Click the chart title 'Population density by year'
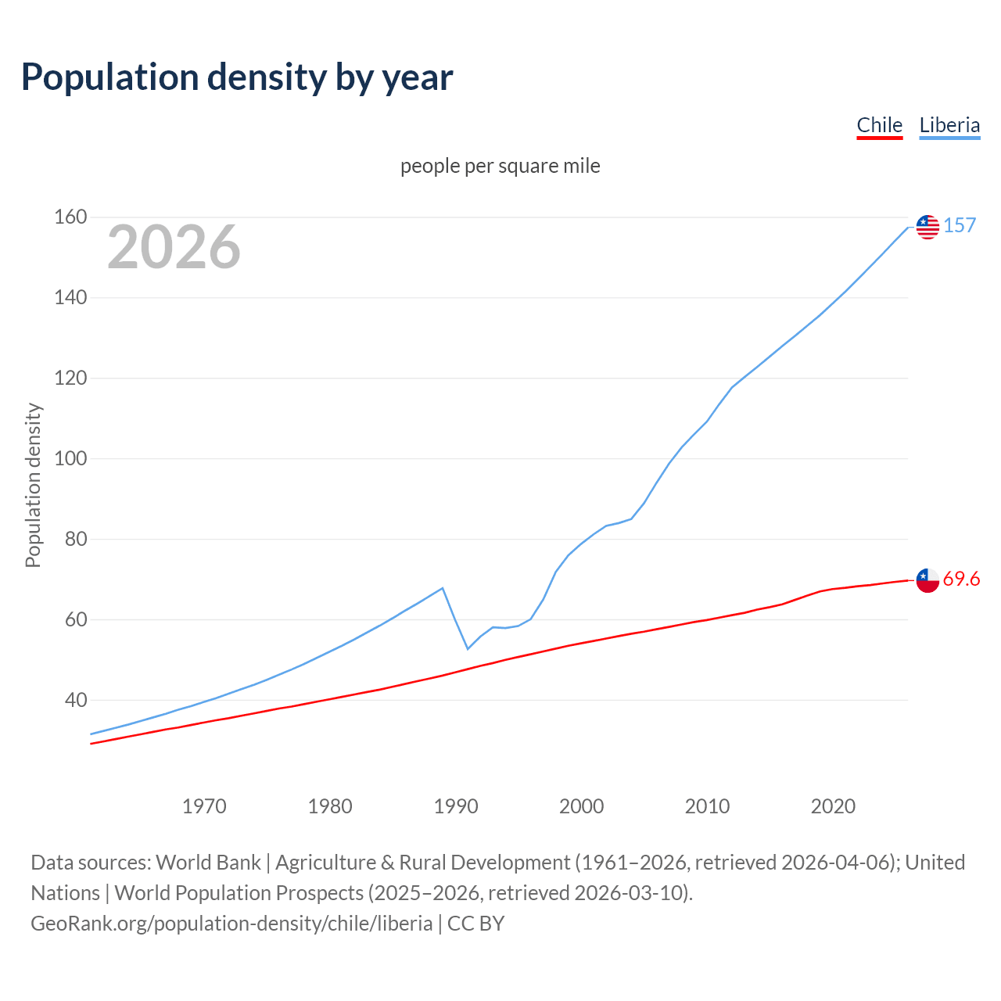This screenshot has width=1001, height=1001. click(237, 77)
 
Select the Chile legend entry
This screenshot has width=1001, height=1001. click(879, 125)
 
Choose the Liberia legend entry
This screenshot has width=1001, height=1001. click(949, 125)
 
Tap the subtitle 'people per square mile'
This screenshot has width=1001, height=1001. click(500, 167)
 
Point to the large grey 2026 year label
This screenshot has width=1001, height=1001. click(174, 247)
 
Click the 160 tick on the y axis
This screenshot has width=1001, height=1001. click(70, 217)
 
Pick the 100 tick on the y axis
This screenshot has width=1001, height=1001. click(70, 458)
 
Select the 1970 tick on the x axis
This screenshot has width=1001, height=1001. click(204, 806)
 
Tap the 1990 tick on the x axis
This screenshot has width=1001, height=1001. click(456, 806)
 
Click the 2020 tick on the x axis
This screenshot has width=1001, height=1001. click(833, 806)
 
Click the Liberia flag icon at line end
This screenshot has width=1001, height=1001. click(927, 227)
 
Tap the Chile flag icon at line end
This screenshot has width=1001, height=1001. click(927, 580)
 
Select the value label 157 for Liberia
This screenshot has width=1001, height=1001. click(960, 226)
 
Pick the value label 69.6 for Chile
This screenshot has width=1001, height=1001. click(961, 579)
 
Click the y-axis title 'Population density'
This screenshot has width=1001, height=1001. click(33, 485)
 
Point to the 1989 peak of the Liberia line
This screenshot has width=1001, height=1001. click(443, 588)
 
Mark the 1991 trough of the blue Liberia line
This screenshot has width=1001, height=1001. click(468, 649)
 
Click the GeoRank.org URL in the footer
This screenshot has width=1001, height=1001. click(231, 924)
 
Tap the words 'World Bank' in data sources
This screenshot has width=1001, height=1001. click(208, 863)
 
